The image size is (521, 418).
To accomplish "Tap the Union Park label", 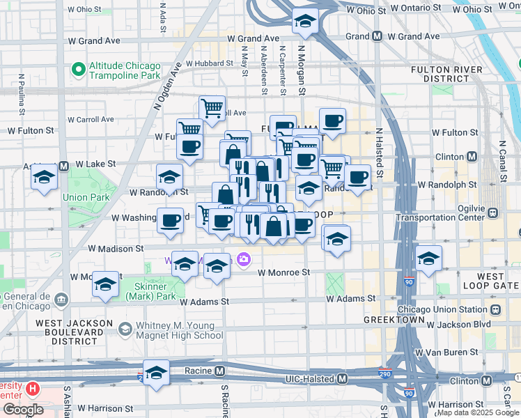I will click(86, 197).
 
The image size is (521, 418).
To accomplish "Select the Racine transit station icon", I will click(220, 371).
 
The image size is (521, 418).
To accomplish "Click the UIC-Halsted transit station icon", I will click(342, 379).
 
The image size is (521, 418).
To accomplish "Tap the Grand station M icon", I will click(377, 36).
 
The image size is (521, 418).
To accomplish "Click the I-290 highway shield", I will click(384, 373).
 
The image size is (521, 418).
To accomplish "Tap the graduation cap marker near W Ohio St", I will click(305, 23).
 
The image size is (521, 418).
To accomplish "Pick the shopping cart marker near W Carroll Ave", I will click(212, 108).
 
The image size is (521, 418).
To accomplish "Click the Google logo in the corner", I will click(23, 410).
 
